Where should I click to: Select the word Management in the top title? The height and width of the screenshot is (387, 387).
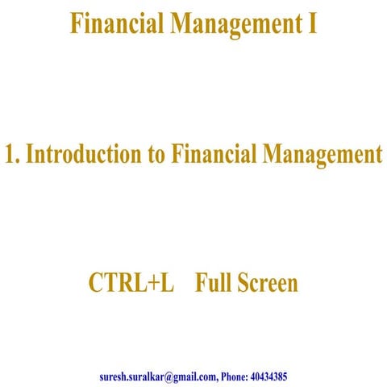pos(231,25)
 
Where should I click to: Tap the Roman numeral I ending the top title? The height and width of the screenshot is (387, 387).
pos(312,24)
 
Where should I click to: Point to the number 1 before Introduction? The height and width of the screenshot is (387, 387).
pos(10,154)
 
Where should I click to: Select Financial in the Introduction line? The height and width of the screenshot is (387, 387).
pos(211,154)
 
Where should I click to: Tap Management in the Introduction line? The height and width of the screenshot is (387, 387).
pos(321,154)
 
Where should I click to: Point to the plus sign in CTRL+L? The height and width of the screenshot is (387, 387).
pos(156,285)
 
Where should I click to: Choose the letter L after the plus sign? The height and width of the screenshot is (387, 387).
pos(169,284)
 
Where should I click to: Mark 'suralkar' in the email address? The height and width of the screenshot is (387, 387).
pos(150,376)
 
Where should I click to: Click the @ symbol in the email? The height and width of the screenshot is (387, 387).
pos(173,376)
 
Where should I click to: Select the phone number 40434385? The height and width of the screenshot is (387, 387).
pos(271,376)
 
